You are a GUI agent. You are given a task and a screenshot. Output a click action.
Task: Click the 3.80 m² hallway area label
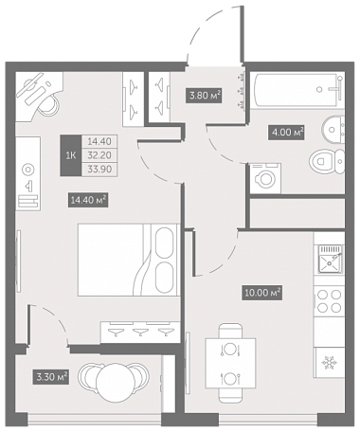205,96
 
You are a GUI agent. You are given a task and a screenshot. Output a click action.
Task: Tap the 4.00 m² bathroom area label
287,132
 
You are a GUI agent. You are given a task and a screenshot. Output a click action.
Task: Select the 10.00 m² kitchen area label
262,293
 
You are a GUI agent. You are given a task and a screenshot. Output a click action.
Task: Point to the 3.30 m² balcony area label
51,377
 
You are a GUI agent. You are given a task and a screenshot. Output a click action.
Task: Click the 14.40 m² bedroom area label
88,200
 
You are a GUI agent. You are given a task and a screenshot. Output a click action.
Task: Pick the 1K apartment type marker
71,155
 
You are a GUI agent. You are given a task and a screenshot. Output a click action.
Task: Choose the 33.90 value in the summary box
99,170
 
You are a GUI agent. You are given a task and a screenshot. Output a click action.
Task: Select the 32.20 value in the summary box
99,155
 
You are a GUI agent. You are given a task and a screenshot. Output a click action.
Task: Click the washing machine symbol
265,178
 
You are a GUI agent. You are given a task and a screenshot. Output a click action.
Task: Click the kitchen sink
330,259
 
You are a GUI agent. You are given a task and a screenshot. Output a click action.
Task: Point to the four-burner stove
330,301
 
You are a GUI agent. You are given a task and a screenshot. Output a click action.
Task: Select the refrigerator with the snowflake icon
329,363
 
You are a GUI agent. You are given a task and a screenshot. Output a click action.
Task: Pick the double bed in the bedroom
129,260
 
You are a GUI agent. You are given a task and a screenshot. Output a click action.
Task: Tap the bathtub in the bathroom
298,90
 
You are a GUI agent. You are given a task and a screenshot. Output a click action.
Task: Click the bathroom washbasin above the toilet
333,130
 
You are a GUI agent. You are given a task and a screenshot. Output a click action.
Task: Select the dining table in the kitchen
230,363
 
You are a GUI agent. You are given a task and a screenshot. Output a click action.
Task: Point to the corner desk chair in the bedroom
48,103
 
